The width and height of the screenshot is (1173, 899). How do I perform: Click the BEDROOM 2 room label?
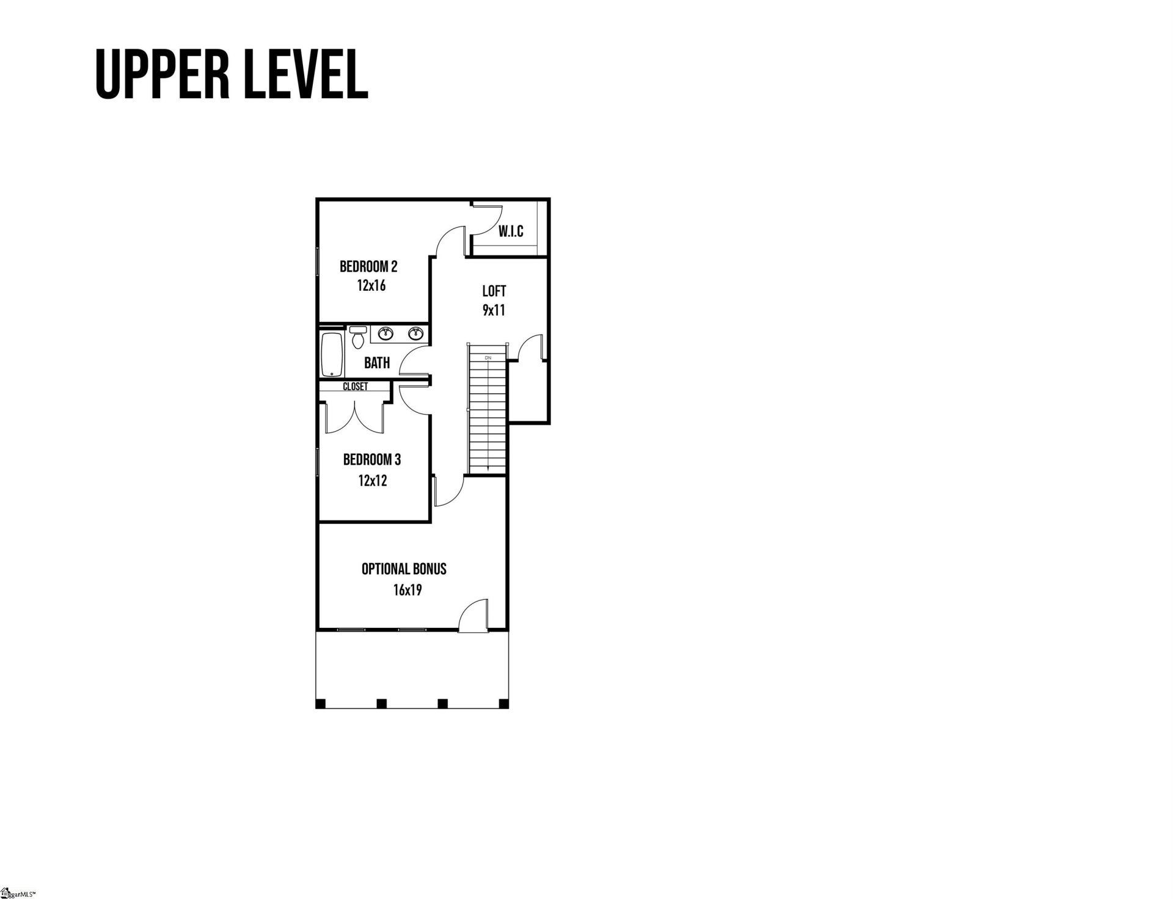pos(368,267)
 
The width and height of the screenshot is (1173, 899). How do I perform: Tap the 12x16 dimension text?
pos(371,286)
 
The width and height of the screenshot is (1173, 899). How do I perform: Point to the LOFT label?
pos(494,291)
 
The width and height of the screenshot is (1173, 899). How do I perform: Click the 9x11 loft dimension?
pos(494,310)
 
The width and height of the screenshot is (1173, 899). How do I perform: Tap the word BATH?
pos(376,363)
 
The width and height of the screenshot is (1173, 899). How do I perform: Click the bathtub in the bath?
pos(332,354)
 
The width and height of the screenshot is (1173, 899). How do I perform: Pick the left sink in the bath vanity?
pos(385,333)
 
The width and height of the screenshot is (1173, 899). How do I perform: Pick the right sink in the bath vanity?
pos(416,333)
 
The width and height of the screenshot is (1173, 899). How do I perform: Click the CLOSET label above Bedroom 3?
pos(355,387)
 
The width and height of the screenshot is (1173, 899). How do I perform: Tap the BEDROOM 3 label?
pos(371,460)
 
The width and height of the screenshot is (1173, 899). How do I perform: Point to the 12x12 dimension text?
pos(373,481)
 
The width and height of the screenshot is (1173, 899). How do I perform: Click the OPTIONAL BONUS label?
pos(404,569)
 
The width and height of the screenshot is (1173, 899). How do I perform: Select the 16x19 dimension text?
pos(407,590)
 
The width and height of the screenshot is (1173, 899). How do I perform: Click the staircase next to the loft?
pos(488,415)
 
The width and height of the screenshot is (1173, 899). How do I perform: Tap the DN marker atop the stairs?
pos(488,358)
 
